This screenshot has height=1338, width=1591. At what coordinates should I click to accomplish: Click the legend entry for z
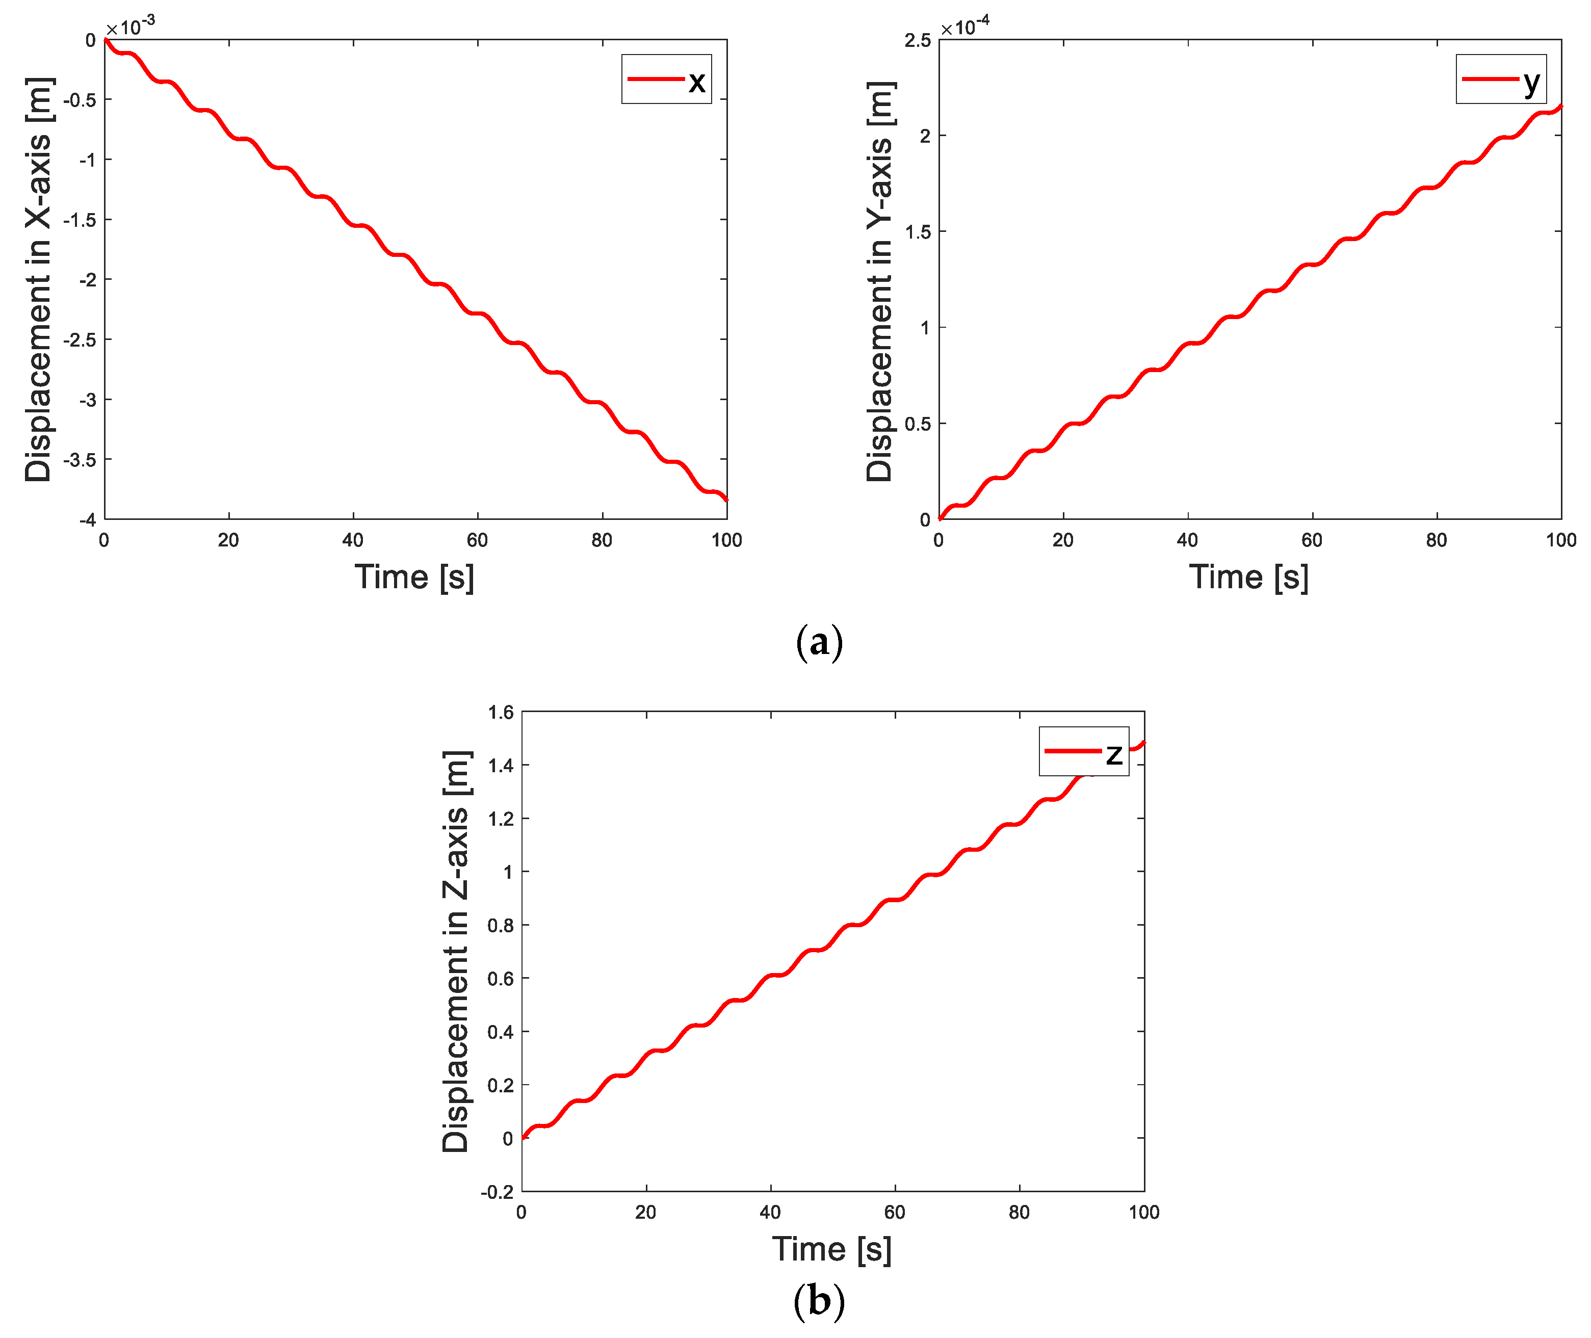coord(1083,751)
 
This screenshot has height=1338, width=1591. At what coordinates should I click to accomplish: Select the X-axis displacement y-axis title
coord(38,279)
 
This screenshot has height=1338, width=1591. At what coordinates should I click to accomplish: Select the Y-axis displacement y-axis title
coord(879,281)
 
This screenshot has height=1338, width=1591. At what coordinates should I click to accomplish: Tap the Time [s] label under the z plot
coord(831,1249)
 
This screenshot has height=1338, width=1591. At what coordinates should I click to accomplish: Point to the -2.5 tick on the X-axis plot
coord(80,340)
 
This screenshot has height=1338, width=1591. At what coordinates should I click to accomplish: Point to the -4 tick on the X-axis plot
coord(88,519)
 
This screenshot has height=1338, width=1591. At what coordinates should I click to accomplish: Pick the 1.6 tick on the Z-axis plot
coord(501,712)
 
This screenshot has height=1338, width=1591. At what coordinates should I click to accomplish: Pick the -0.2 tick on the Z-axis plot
coord(497,1192)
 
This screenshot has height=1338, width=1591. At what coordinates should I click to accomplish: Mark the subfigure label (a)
coord(819,642)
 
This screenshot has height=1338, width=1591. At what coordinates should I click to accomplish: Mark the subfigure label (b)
coord(819,1302)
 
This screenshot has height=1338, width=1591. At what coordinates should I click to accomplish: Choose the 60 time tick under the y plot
coord(1312,540)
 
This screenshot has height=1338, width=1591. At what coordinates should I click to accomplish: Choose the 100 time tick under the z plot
coord(1143,1212)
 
